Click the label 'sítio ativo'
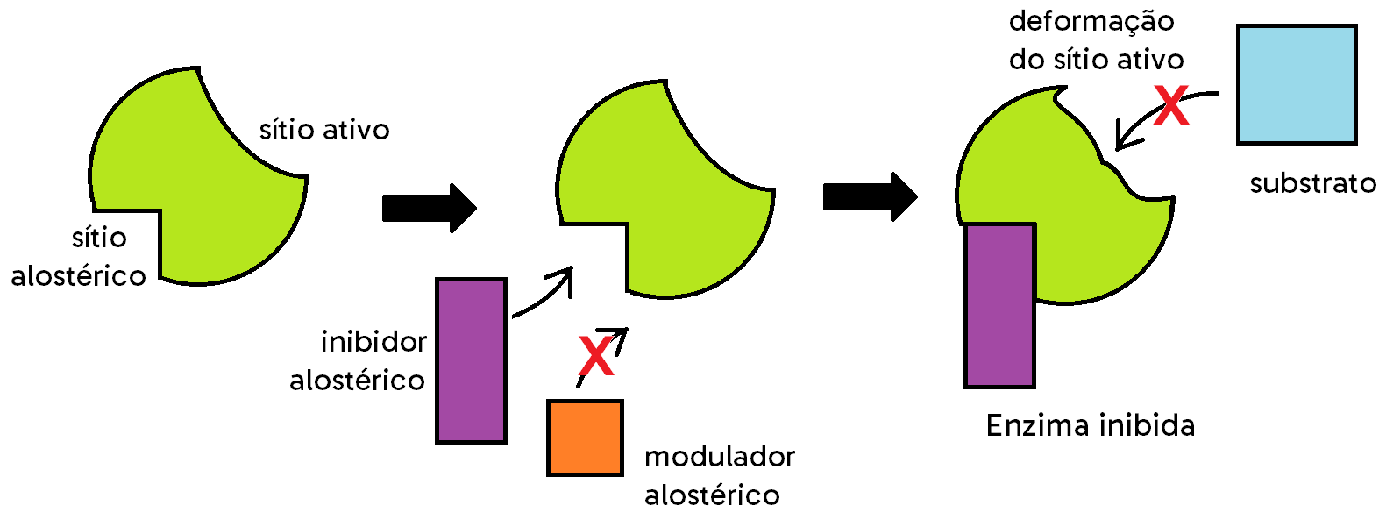point(324,130)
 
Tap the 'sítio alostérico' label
point(79,257)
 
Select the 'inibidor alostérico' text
point(358,360)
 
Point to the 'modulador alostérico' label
point(719,475)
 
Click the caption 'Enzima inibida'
point(1090,425)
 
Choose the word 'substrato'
point(1312,183)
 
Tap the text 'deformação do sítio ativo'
point(1095,40)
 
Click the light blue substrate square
point(1297,84)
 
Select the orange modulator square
point(585,438)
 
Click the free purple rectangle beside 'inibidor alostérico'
point(472,360)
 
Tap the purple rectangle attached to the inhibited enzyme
point(999,305)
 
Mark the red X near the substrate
point(1171,105)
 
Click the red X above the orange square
point(596,356)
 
